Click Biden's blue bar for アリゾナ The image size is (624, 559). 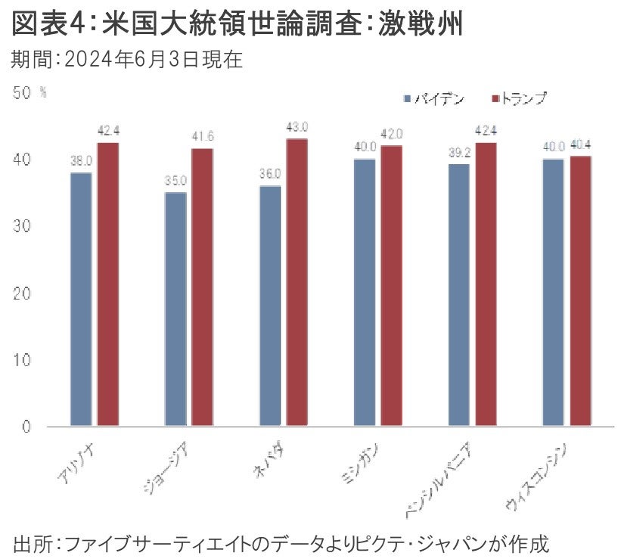point(81,299)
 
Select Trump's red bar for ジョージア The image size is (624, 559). point(202,287)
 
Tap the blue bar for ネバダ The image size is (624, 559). point(270,306)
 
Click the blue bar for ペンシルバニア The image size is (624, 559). point(459,295)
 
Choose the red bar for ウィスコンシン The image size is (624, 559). point(580,290)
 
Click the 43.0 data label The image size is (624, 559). point(297,127)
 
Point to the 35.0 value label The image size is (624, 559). point(175,181)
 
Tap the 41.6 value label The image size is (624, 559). point(203,137)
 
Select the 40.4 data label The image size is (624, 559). point(581,144)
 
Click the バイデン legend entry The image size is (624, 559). point(436,99)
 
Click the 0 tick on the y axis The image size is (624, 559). point(26,427)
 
